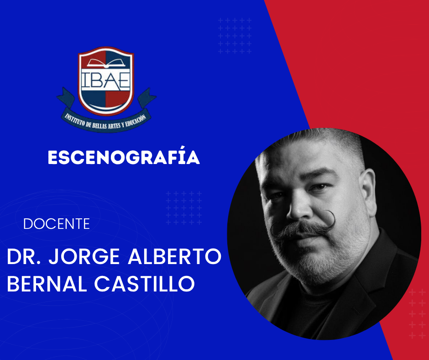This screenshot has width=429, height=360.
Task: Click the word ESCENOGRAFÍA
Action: coord(124,157)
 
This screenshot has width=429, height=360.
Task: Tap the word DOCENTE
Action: coord(57,224)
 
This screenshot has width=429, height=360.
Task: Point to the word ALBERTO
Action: coord(174,256)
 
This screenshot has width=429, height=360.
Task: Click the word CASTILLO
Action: coord(145,284)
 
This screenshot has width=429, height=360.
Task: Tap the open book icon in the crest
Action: coord(106,63)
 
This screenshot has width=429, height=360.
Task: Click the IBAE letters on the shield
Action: coord(105,80)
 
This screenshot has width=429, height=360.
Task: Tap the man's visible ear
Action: coord(368,192)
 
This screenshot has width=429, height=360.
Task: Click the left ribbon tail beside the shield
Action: coord(66,98)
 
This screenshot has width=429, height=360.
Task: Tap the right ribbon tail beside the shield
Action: coord(146,98)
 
